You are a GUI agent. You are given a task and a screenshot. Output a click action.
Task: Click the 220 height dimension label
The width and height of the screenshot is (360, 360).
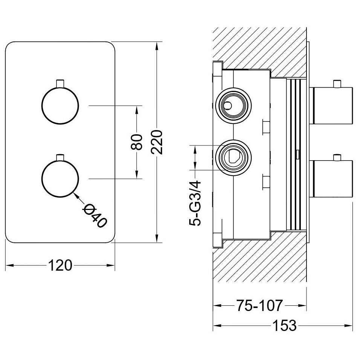(x=157, y=142)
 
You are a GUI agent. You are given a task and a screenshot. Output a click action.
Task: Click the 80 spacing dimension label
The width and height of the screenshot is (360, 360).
(x=137, y=142)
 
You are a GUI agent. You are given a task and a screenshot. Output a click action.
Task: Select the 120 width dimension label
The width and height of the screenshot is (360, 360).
(x=60, y=265)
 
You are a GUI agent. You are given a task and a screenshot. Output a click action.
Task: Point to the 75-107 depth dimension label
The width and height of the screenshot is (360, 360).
(x=259, y=305)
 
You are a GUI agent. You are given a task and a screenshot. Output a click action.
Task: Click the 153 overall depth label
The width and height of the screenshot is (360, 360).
(x=284, y=325)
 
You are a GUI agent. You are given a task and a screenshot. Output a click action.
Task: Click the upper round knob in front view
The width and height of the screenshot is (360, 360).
(x=60, y=106)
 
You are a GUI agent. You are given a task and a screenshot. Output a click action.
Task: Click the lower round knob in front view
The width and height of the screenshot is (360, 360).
(x=60, y=179)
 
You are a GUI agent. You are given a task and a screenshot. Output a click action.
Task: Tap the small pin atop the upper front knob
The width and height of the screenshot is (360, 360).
(x=60, y=83)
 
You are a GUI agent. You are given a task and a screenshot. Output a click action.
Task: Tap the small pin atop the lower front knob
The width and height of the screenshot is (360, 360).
(x=60, y=157)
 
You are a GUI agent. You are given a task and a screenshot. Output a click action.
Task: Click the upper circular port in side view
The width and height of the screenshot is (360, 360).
(x=234, y=106)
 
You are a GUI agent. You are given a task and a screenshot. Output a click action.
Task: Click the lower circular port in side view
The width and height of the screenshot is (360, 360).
(x=234, y=158)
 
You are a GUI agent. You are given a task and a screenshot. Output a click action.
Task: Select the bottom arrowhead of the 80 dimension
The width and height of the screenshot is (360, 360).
(x=137, y=174)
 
